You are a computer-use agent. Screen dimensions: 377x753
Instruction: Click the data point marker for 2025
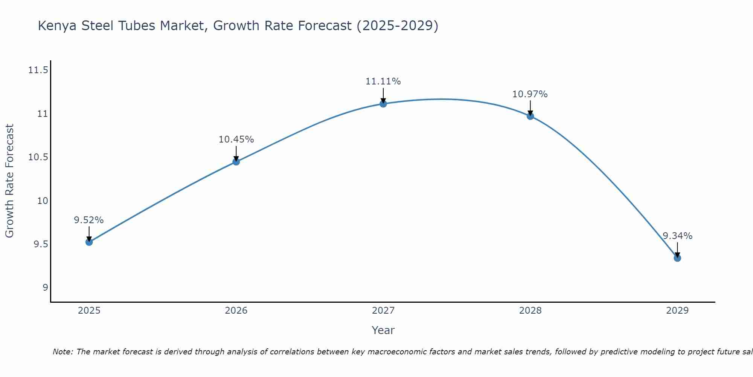tap(89, 242)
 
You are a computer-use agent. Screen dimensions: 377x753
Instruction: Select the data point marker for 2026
tap(236, 162)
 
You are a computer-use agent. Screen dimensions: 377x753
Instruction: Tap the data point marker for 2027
tap(383, 104)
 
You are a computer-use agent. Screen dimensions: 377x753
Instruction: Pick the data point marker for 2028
tap(530, 116)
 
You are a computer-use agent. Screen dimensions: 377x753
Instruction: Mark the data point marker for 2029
tap(677, 258)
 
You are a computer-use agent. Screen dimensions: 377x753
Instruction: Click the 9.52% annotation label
tap(89, 220)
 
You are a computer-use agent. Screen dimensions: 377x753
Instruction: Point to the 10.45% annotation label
tap(236, 139)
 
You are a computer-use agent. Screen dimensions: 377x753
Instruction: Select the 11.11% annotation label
tap(383, 81)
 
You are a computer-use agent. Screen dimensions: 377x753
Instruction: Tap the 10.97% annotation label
tap(530, 94)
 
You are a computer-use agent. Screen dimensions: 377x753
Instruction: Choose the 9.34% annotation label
tap(677, 236)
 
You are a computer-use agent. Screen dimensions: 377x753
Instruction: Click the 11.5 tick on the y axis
tap(38, 70)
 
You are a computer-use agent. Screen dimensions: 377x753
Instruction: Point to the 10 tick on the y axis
tap(43, 201)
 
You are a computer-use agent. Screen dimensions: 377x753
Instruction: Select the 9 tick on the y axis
tap(45, 288)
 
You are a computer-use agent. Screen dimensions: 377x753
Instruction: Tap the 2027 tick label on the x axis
tap(383, 311)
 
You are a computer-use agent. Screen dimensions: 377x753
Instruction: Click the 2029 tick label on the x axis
tap(677, 311)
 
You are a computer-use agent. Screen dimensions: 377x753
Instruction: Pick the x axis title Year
tap(383, 330)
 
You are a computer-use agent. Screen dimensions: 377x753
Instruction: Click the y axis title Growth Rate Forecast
tap(9, 181)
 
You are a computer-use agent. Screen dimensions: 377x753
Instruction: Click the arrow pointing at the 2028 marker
tap(530, 108)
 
